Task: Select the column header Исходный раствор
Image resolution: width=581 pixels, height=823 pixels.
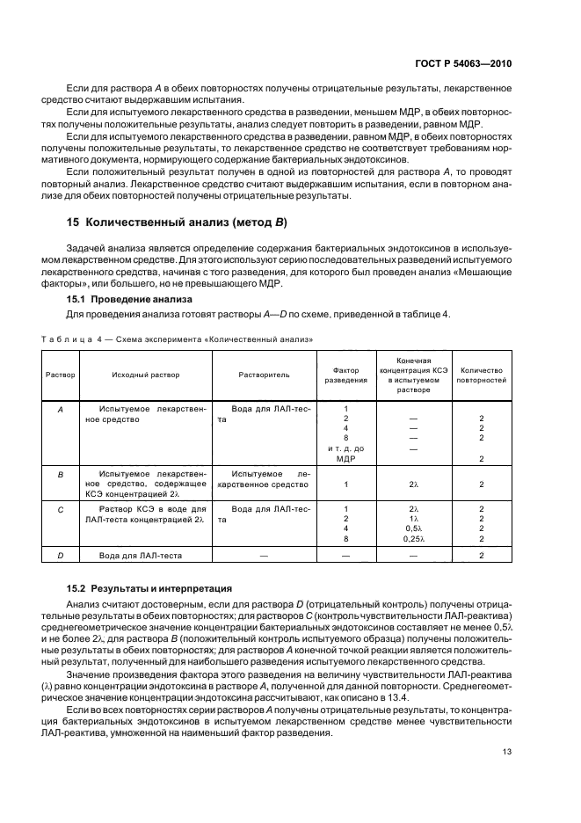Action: coord(146,375)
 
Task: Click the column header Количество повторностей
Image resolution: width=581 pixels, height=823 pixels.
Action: coord(482,375)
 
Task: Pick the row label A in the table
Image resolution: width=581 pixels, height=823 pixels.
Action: coord(60,410)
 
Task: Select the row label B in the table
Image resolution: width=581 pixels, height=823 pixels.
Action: coord(60,473)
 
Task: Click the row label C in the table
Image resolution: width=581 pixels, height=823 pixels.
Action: coord(60,509)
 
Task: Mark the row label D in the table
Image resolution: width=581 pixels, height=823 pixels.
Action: coord(60,555)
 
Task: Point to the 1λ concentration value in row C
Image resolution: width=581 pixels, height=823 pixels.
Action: coord(413,519)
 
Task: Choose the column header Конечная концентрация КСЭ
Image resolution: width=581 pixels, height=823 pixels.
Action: coord(413,375)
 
